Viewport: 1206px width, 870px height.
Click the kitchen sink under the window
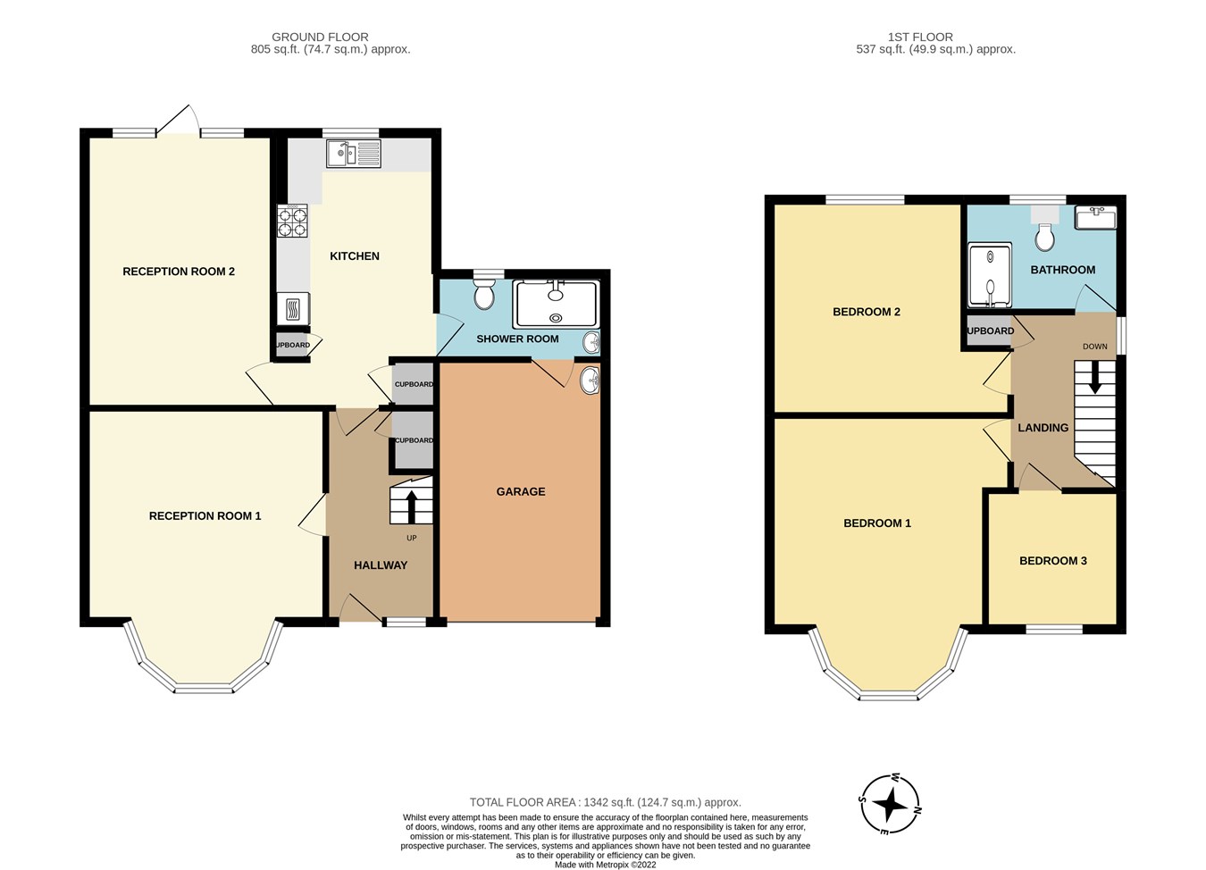click(x=354, y=155)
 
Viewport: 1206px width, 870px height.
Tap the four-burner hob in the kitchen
click(x=292, y=221)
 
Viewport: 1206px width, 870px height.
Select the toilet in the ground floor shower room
click(x=484, y=292)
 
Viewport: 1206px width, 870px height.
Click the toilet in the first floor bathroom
click(x=1043, y=235)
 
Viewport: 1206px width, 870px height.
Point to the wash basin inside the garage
click(x=590, y=381)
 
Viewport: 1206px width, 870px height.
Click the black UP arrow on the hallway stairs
click(x=411, y=505)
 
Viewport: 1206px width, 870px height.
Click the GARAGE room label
click(x=521, y=491)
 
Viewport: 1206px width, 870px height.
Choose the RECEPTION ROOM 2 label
click(x=179, y=272)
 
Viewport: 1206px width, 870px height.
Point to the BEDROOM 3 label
click(x=1053, y=561)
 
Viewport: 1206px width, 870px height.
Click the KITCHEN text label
click(x=355, y=256)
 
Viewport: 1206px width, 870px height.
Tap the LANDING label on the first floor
click(x=1043, y=428)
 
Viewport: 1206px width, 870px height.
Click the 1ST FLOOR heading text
click(x=920, y=37)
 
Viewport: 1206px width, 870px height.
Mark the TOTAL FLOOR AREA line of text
click(x=606, y=802)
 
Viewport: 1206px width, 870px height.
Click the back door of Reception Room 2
click(x=179, y=121)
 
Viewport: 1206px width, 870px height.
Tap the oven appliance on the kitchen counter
click(x=293, y=309)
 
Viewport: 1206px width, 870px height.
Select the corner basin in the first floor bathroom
click(x=1095, y=216)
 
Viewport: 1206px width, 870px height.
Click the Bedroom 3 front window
click(x=1054, y=629)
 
